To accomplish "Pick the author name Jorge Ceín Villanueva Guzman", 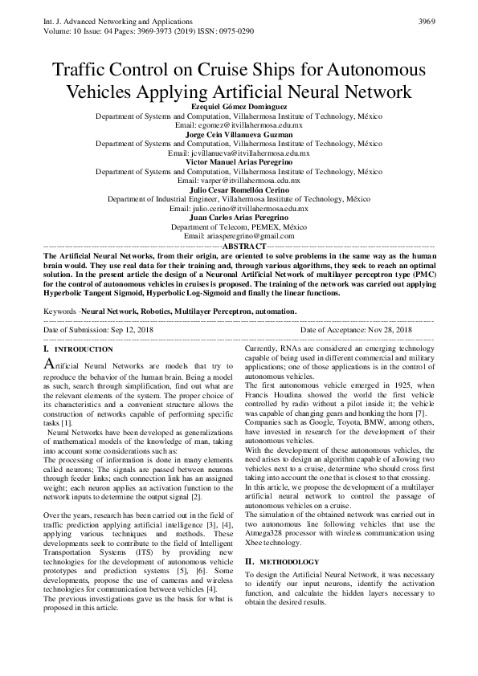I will pos(239,135).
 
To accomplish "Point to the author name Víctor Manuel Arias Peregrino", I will pos(239,162).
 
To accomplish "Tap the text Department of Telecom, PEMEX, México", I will pos(239,226).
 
